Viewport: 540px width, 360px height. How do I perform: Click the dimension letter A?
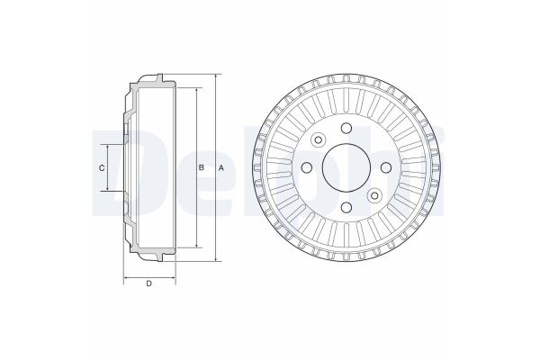point(222,168)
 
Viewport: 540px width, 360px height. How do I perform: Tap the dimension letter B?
point(202,168)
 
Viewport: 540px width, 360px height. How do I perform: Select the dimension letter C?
point(102,168)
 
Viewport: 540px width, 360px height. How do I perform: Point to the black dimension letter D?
point(148,285)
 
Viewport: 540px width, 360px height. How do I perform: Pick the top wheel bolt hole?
point(346,129)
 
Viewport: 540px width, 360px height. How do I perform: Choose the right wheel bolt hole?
point(385,167)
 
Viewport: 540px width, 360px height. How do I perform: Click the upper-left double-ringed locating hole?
point(319,139)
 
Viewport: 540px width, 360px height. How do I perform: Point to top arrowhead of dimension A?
point(216,76)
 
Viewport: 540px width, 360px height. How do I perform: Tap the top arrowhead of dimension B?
point(195,89)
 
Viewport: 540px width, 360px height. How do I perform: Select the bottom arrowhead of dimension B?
point(195,247)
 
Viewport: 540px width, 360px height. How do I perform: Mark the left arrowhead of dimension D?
point(125,275)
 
